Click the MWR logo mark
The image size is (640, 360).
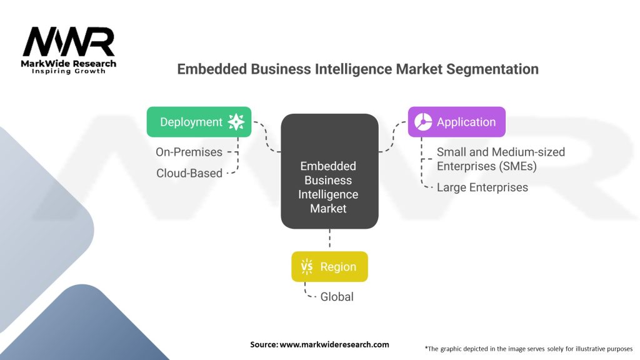click(x=69, y=42)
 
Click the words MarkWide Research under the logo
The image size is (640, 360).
click(x=69, y=64)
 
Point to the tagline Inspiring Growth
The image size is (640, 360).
click(x=69, y=71)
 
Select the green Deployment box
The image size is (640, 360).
click(x=199, y=122)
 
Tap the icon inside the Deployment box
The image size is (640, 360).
click(x=236, y=122)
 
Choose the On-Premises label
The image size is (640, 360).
click(x=189, y=152)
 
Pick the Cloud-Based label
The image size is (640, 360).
click(x=189, y=173)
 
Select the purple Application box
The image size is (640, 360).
click(x=456, y=122)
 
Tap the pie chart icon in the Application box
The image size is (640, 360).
click(x=422, y=122)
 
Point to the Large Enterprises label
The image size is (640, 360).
click(x=482, y=187)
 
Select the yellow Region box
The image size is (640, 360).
click(x=329, y=267)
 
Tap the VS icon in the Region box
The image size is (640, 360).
click(x=307, y=267)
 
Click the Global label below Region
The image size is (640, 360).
click(x=337, y=296)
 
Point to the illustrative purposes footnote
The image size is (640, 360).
click(x=528, y=348)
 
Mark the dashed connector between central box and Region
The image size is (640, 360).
click(x=329, y=239)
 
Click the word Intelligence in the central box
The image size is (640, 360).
click(x=328, y=194)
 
